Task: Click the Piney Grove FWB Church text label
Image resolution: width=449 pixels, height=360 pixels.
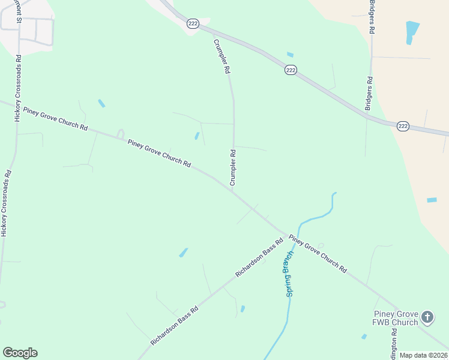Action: (x=396, y=318)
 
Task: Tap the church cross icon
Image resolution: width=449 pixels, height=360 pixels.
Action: (x=427, y=316)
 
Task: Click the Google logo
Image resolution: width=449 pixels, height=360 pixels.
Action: (x=20, y=353)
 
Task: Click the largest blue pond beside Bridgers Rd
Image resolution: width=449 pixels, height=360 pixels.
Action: (x=412, y=31)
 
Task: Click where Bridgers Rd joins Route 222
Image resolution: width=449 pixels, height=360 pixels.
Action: (x=367, y=118)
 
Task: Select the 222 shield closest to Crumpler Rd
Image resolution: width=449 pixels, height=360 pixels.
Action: (x=192, y=23)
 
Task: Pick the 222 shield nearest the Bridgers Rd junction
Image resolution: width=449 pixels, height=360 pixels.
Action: (x=403, y=126)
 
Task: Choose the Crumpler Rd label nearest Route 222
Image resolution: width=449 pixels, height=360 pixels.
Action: (x=220, y=56)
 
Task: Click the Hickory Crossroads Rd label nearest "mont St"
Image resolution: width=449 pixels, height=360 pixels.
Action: (x=19, y=89)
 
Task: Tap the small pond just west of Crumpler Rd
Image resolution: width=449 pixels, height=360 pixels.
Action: (x=197, y=136)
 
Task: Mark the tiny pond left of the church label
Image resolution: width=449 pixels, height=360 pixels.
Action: (x=364, y=337)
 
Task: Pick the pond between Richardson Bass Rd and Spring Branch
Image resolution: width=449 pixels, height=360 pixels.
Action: (x=243, y=309)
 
